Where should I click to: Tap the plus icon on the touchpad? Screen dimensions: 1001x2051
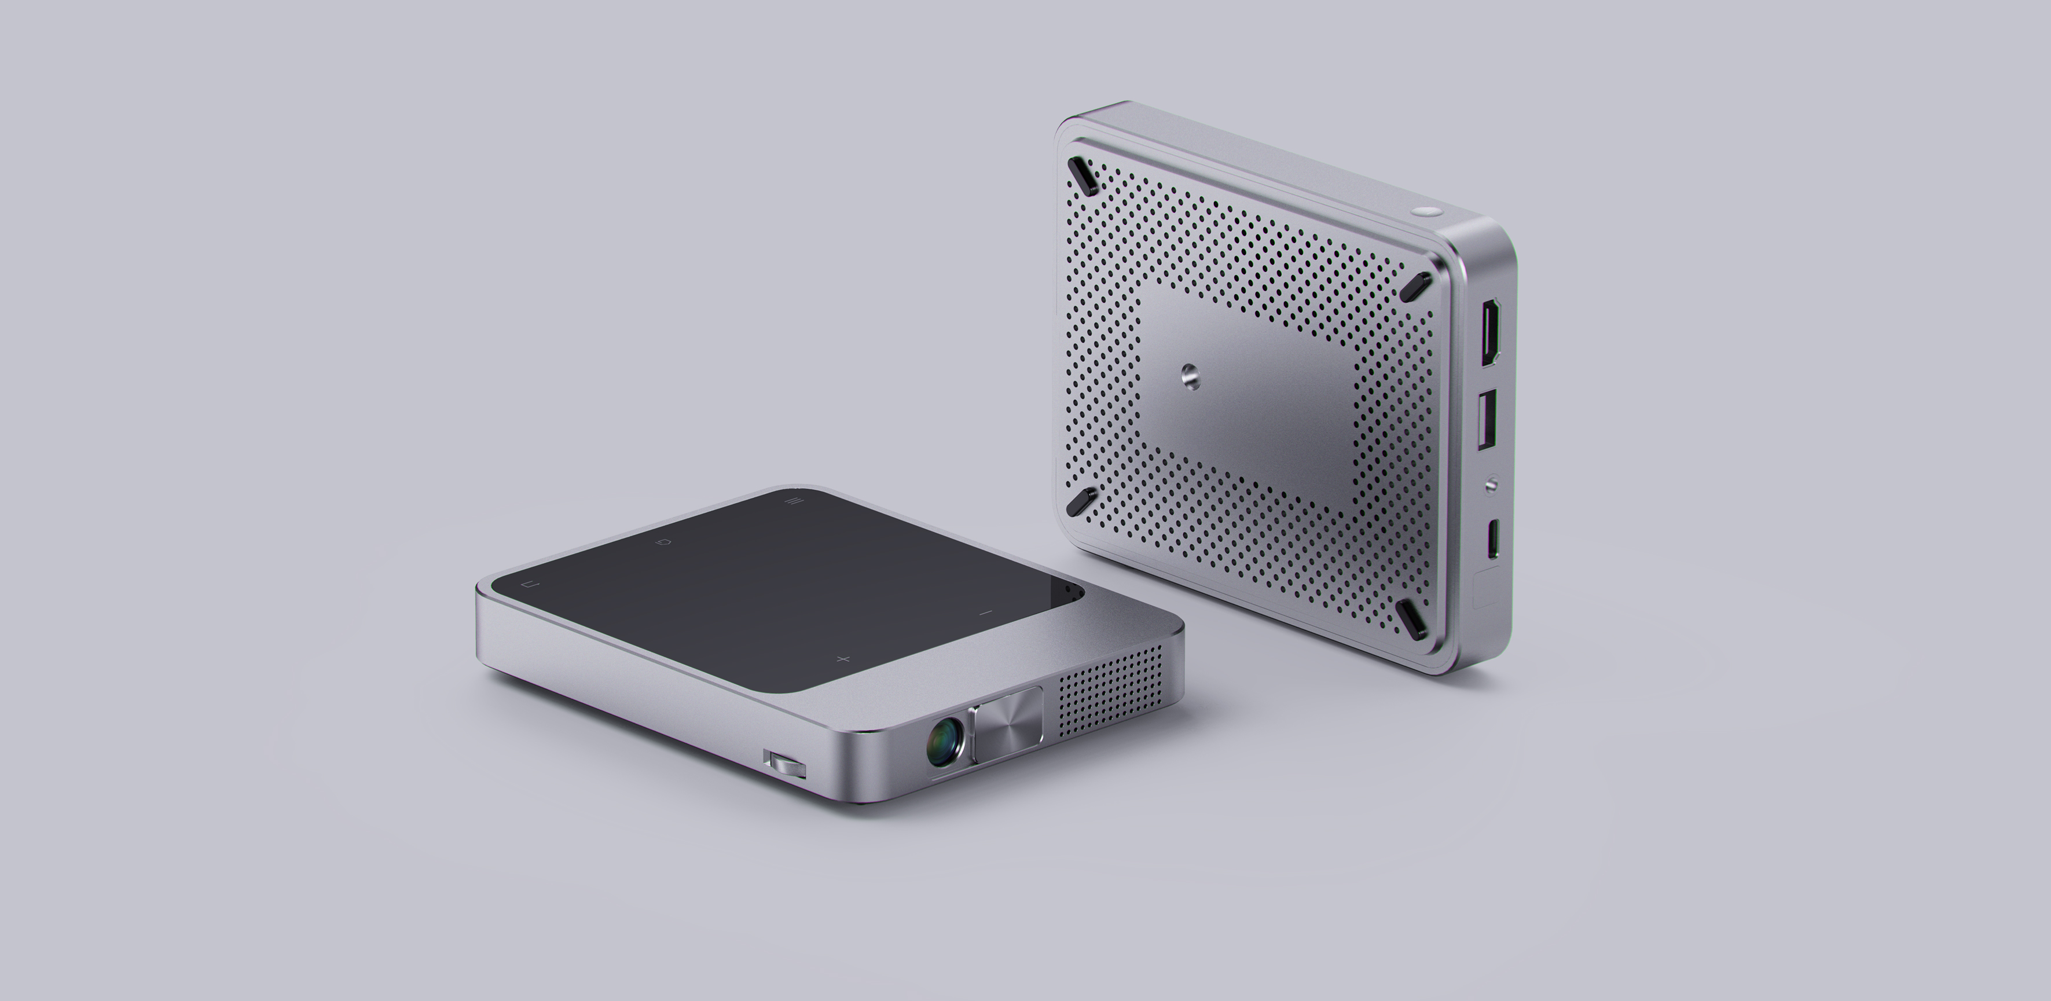pos(845,659)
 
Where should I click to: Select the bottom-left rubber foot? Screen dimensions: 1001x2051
pos(1077,502)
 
